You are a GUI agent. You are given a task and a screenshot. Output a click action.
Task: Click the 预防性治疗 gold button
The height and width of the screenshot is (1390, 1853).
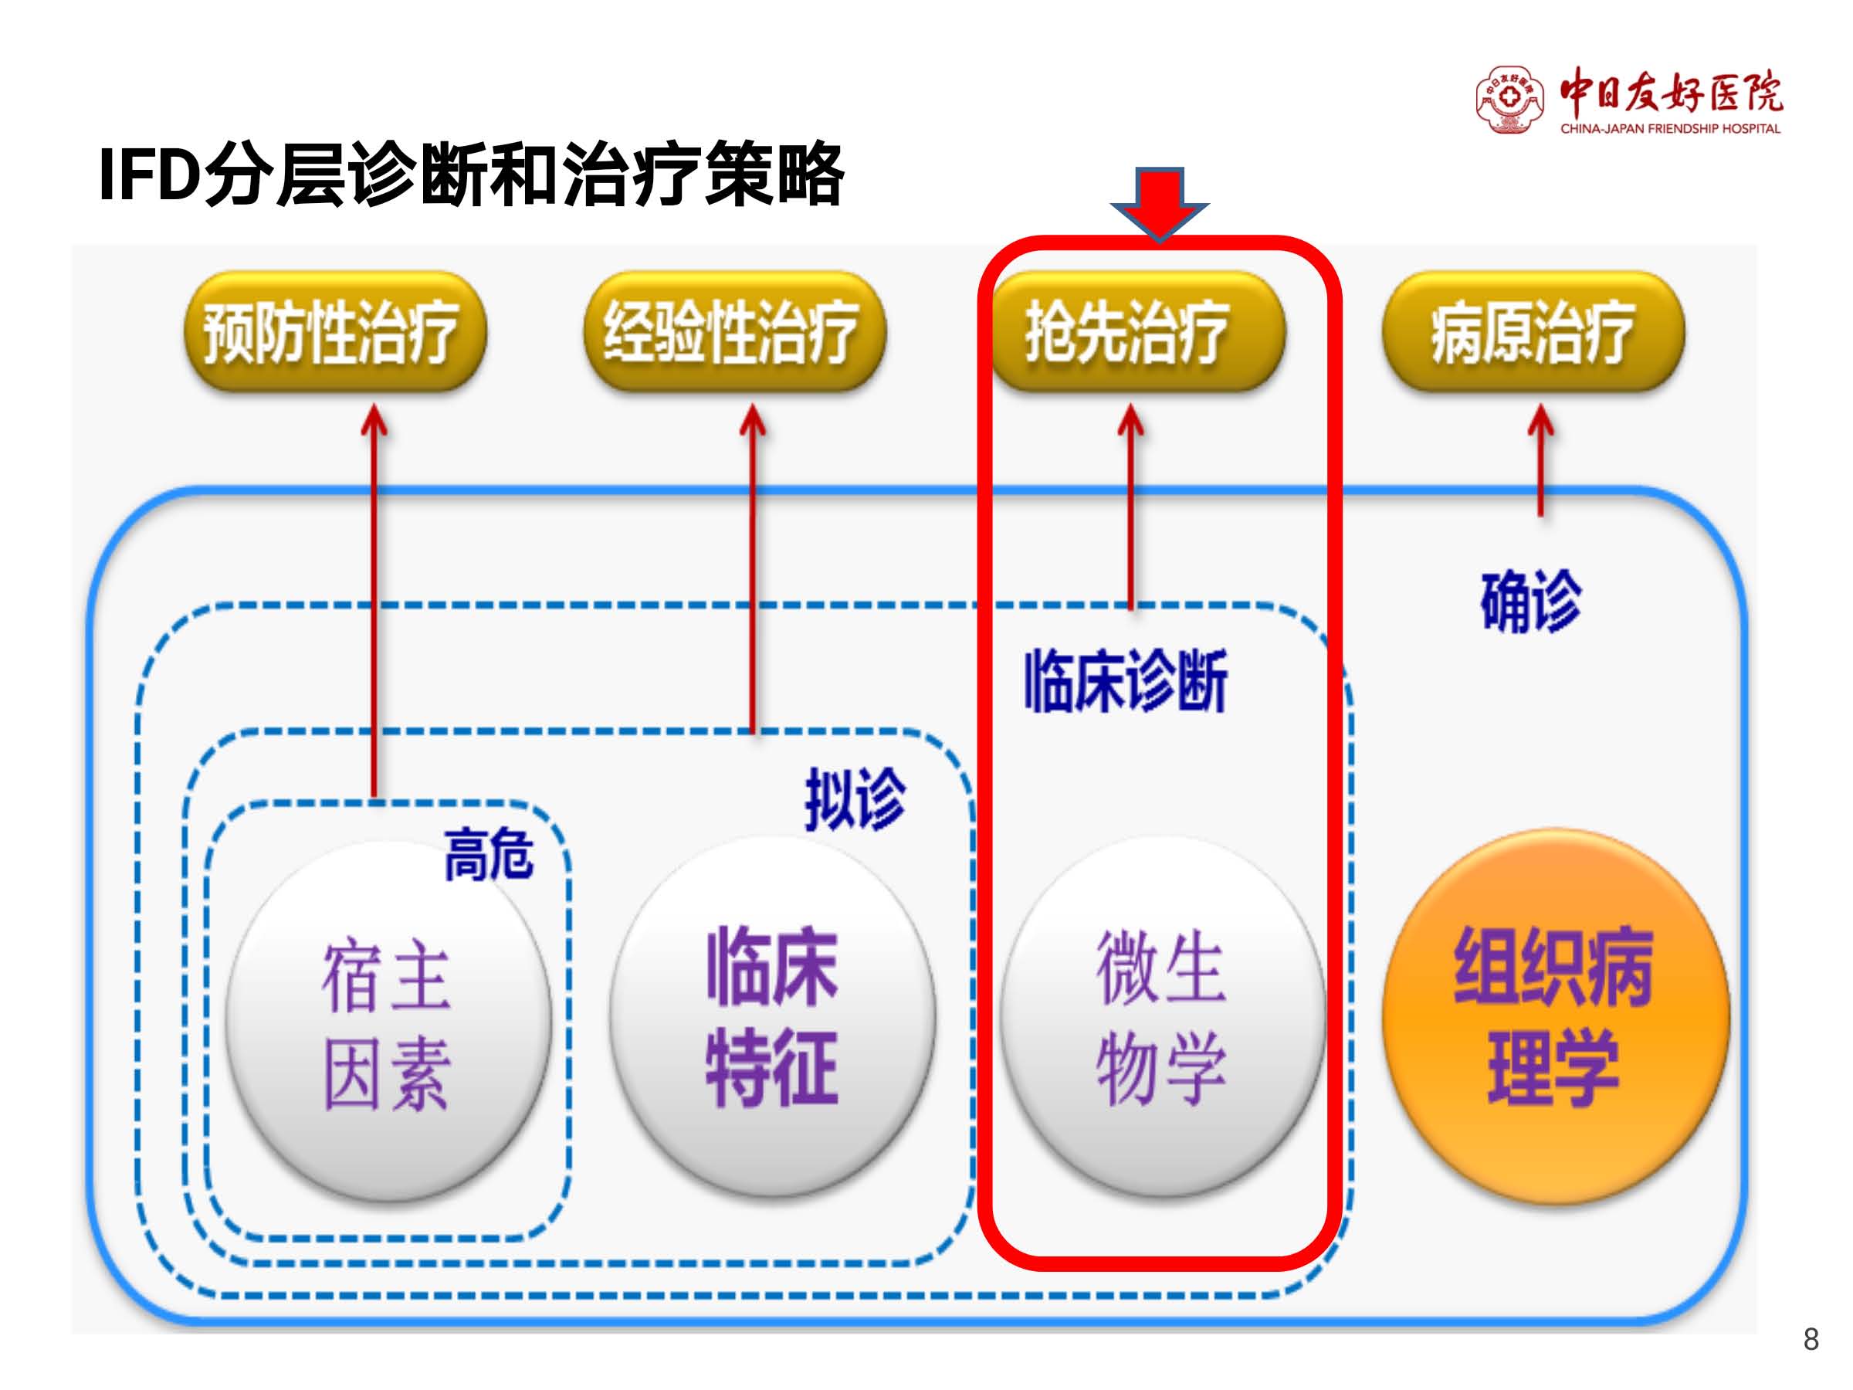(335, 332)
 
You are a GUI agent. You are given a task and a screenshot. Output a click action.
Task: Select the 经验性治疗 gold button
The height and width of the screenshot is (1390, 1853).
(735, 332)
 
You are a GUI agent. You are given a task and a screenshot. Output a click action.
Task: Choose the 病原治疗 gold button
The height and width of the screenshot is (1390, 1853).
(1533, 332)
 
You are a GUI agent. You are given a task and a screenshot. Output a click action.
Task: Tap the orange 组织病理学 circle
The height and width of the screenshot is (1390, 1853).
(1556, 1015)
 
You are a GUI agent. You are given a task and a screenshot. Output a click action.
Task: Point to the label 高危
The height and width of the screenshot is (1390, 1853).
(489, 854)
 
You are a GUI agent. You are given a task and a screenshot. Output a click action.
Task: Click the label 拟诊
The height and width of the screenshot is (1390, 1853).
(855, 799)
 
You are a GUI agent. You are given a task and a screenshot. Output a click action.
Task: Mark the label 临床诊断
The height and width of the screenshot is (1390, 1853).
(1126, 680)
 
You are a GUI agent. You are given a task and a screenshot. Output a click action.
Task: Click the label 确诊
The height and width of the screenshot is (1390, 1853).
(1531, 601)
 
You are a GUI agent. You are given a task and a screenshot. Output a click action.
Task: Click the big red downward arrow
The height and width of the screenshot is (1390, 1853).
(1160, 205)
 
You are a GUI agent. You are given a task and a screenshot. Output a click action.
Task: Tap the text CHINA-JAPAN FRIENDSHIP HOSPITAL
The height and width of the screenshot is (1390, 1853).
(1669, 128)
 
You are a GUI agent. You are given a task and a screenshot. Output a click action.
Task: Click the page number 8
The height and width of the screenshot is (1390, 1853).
(1811, 1340)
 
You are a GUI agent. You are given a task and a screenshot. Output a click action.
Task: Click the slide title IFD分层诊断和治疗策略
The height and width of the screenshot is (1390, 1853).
(471, 175)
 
